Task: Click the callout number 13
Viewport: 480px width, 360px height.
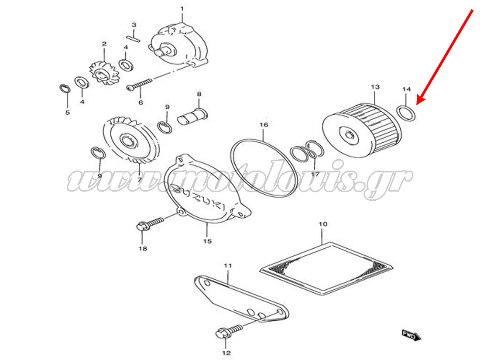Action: (375, 87)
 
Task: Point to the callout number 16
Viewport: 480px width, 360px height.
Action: (264, 125)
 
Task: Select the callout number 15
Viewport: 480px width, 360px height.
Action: (207, 241)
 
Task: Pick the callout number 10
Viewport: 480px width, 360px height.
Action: (322, 224)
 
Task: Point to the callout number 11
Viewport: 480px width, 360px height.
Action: (227, 265)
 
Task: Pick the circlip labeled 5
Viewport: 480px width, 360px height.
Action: (65, 89)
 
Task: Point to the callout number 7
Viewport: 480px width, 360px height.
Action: (140, 179)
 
